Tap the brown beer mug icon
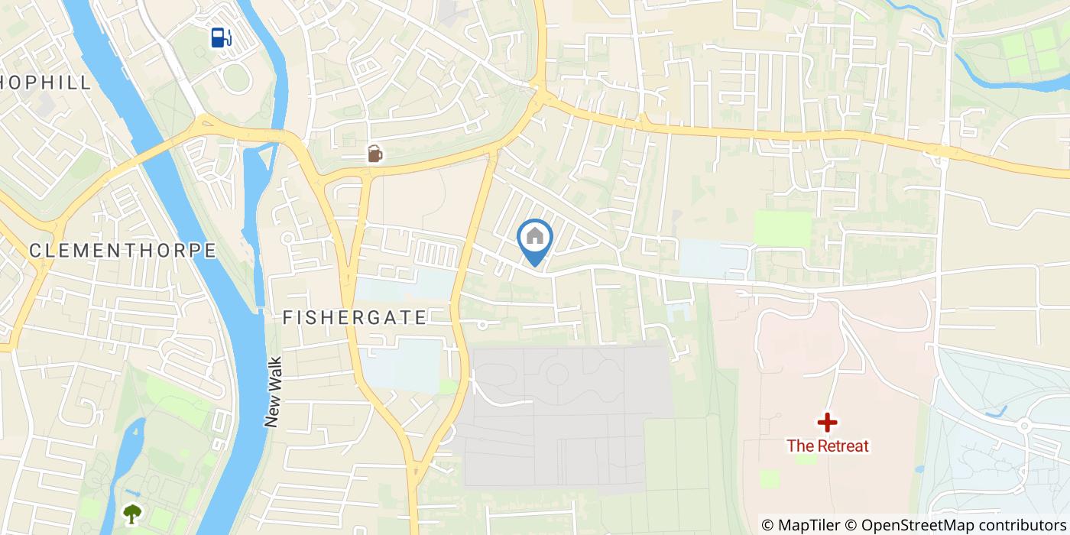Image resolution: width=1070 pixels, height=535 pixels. (374, 154)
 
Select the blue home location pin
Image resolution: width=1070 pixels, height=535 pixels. (535, 239)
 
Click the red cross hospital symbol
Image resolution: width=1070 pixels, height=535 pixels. (827, 422)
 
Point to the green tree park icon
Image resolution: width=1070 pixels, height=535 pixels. (132, 513)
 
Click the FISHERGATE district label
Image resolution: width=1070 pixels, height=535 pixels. (355, 318)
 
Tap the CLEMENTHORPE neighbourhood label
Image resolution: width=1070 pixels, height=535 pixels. (122, 251)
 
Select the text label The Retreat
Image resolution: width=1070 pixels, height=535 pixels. (828, 446)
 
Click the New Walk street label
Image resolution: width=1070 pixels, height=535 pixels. (274, 392)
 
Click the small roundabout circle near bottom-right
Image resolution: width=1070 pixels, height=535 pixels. (1024, 425)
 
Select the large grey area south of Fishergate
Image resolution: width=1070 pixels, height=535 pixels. (566, 413)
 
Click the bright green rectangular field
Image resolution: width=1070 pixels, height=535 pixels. (782, 229)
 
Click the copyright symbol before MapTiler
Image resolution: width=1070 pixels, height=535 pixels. (768, 525)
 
